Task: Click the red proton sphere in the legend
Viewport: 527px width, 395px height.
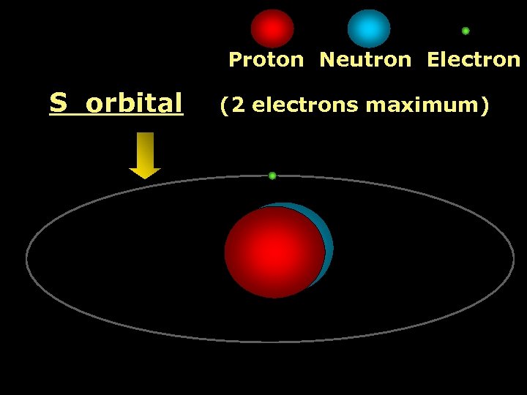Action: (272, 29)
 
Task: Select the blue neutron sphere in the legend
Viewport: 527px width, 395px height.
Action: (369, 29)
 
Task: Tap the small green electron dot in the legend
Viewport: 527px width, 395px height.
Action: (466, 31)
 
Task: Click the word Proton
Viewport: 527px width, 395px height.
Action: (266, 60)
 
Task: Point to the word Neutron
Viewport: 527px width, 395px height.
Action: (365, 60)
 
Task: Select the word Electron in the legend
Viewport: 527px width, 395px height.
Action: (473, 60)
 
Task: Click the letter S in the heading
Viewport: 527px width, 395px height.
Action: (57, 104)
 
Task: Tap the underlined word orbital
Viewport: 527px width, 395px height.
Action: (134, 104)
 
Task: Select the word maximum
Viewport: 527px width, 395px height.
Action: (421, 105)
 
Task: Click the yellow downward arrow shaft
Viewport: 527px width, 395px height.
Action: (145, 149)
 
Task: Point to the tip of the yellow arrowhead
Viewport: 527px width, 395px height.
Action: (145, 178)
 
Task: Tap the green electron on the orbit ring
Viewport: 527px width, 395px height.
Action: (272, 176)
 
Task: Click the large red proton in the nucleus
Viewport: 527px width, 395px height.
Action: (274, 252)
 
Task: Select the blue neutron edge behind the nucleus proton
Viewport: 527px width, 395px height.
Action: (329, 241)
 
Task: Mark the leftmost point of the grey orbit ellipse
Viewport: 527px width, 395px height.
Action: (26, 257)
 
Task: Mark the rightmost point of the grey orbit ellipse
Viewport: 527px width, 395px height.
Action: (514, 257)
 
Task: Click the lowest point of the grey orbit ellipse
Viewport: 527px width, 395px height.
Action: (271, 341)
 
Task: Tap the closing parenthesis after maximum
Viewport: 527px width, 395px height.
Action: (484, 105)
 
